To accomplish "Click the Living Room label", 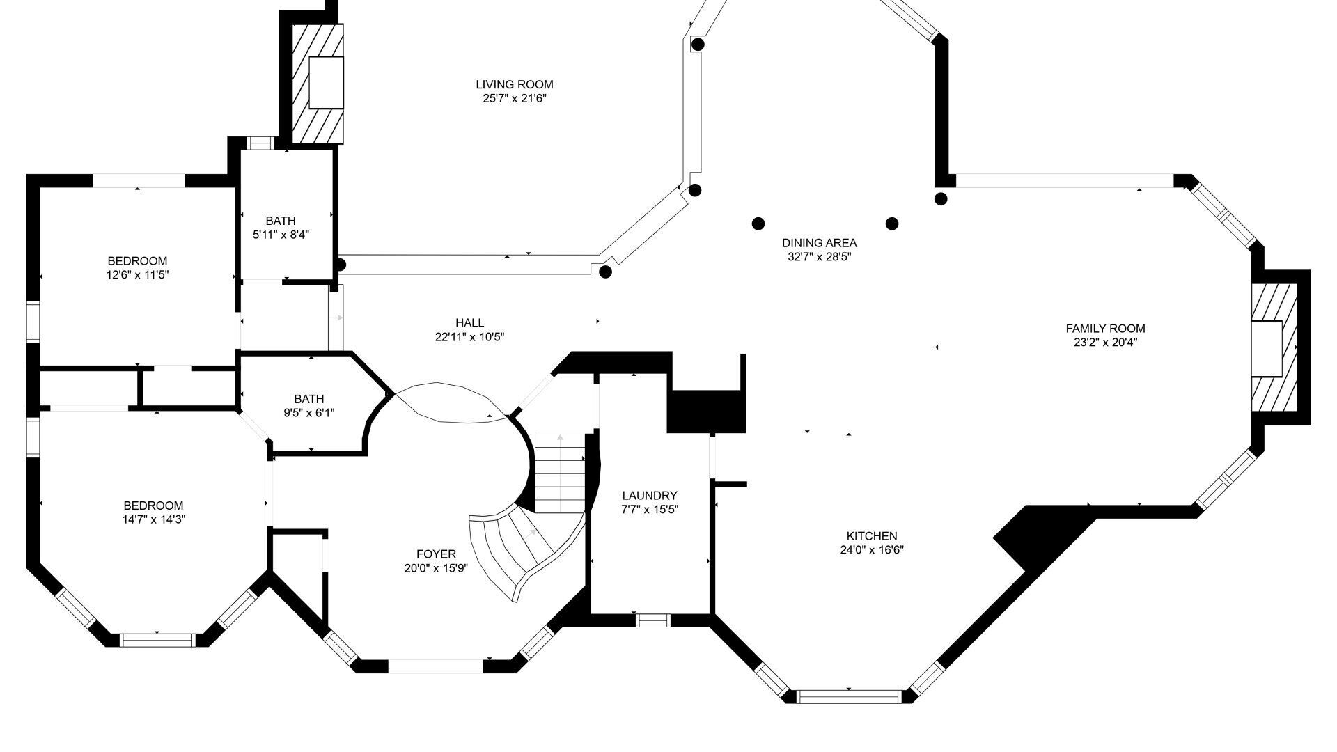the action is coord(515,84).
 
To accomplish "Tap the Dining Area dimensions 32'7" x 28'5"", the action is coord(819,256).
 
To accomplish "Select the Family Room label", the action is coord(1105,328).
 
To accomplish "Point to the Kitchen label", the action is coord(871,535).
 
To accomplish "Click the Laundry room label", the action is coord(649,495).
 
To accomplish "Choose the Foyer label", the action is coord(436,554).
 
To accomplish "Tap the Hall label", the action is coord(469,322).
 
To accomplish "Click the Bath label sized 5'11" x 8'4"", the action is coord(281,221).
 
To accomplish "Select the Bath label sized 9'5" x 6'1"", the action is coord(308,399).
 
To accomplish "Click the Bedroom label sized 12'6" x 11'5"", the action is coord(137,261).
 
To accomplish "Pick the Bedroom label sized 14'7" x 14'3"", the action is coord(153,506).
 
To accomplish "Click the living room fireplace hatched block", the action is coord(318,84).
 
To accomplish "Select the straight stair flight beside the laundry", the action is coord(561,473).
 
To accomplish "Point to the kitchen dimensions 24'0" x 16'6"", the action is coord(872,549).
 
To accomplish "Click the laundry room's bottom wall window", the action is coord(653,620).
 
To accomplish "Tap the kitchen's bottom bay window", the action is coord(849,696).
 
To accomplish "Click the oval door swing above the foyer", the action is coord(452,402).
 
